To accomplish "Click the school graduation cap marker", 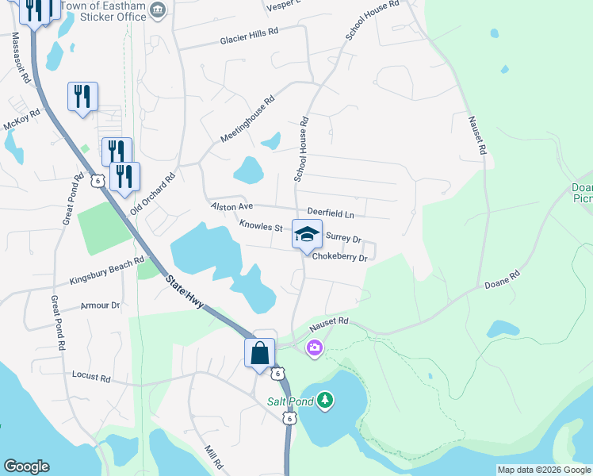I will click(x=308, y=234).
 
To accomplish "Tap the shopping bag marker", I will click(x=260, y=353).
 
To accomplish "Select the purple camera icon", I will click(x=315, y=347).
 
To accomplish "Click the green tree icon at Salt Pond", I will click(x=324, y=401).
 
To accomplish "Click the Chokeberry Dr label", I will click(x=339, y=258).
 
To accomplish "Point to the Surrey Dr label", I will click(x=343, y=238).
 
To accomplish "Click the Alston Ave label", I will click(x=231, y=206).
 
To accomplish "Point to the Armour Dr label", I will click(x=100, y=305).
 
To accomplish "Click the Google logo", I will click(x=26, y=466).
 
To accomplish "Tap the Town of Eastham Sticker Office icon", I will click(x=158, y=10).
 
